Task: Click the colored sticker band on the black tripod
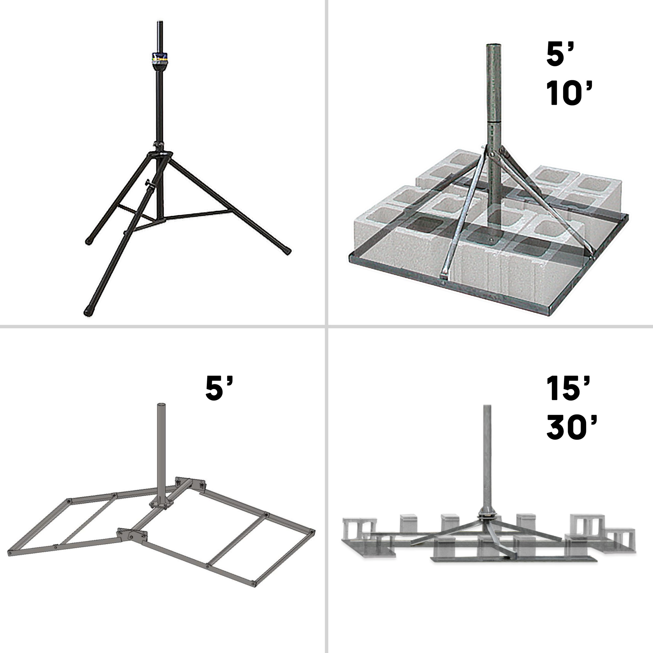click(160, 59)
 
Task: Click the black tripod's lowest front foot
click(88, 311)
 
